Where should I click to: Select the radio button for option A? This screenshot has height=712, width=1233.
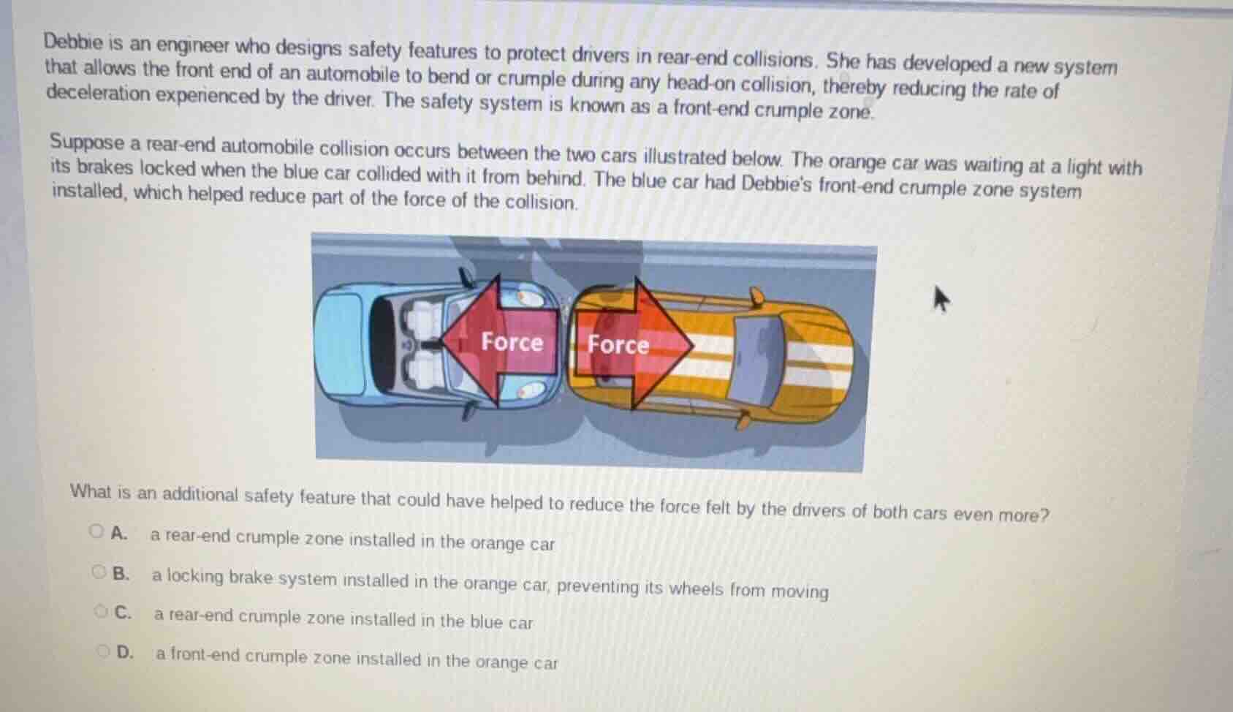(x=96, y=531)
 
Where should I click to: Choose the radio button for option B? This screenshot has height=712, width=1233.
(x=99, y=572)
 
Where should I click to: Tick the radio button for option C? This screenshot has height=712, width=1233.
(x=101, y=611)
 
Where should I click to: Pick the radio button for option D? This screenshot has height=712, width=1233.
(x=104, y=651)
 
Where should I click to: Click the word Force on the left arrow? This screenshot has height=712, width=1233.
(x=512, y=341)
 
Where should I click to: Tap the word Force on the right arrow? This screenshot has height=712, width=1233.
(x=618, y=344)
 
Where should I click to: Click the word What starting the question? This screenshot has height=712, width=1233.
(x=91, y=491)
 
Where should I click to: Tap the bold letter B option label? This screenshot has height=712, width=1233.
(x=121, y=574)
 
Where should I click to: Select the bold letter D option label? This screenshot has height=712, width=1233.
(x=125, y=652)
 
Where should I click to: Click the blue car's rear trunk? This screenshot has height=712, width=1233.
(x=344, y=344)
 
